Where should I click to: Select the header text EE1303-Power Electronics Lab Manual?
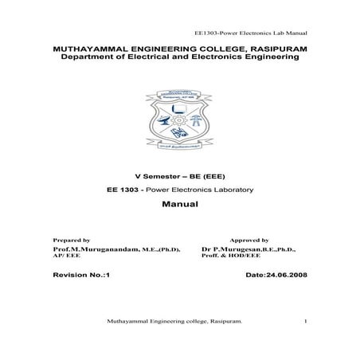click(x=251, y=33)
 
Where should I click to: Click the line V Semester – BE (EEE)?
click(x=179, y=175)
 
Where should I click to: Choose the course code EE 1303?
click(x=123, y=190)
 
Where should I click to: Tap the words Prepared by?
click(x=71, y=240)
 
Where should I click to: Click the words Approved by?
click(x=248, y=240)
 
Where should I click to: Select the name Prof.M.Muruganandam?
click(x=93, y=249)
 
